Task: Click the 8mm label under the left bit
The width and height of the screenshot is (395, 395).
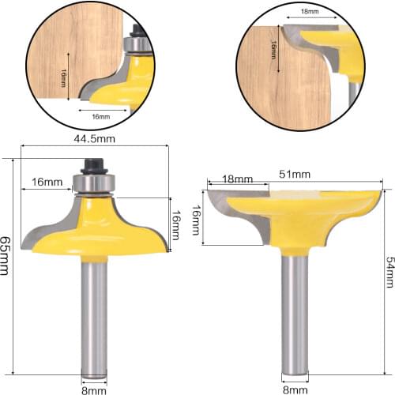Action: point(95,389)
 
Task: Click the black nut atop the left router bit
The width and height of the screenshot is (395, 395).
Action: point(96,167)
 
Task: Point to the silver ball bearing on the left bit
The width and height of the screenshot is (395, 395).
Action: point(96,184)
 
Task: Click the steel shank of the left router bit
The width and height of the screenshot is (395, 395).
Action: point(96,316)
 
